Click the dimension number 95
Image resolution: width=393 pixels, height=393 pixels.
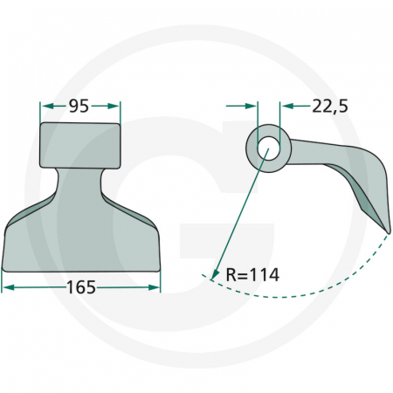click(x=79, y=107)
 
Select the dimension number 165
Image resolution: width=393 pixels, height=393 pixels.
click(x=81, y=287)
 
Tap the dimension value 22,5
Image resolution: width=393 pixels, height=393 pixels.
click(x=330, y=107)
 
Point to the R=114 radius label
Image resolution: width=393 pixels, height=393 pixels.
click(x=252, y=275)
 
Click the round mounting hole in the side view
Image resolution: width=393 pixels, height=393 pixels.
click(x=268, y=148)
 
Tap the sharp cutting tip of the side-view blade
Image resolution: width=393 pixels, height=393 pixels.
click(x=389, y=232)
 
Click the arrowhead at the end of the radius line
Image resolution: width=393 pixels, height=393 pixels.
click(x=215, y=274)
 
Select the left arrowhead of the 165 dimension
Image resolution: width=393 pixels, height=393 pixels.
click(x=8, y=287)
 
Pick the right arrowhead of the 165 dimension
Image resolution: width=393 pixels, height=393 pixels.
click(x=154, y=287)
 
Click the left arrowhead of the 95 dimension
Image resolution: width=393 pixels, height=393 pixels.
click(x=46, y=106)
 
